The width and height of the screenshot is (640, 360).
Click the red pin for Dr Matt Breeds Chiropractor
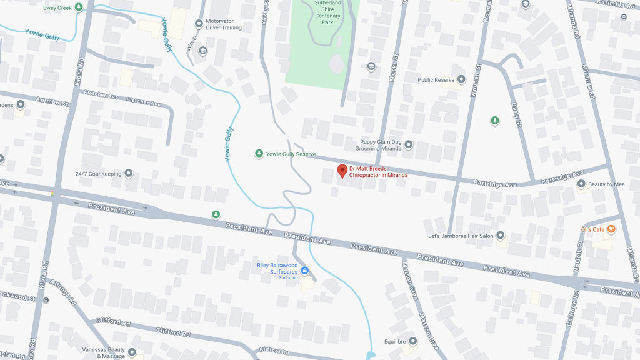point(342,171)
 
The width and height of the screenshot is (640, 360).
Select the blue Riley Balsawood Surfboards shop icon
point(304,271)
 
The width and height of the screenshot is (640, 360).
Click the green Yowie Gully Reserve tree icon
point(259,154)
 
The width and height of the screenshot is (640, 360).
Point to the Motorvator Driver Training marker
point(199,24)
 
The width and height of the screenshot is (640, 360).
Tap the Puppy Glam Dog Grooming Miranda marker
point(409,145)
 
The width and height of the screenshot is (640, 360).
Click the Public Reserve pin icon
point(461,79)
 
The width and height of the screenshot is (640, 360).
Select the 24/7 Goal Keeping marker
point(129,173)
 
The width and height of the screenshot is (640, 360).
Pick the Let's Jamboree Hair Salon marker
point(500,236)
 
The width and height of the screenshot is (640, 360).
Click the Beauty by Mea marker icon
point(581,184)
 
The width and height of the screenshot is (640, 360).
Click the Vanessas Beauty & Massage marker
point(132,352)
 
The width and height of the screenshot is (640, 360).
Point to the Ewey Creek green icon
point(79,7)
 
